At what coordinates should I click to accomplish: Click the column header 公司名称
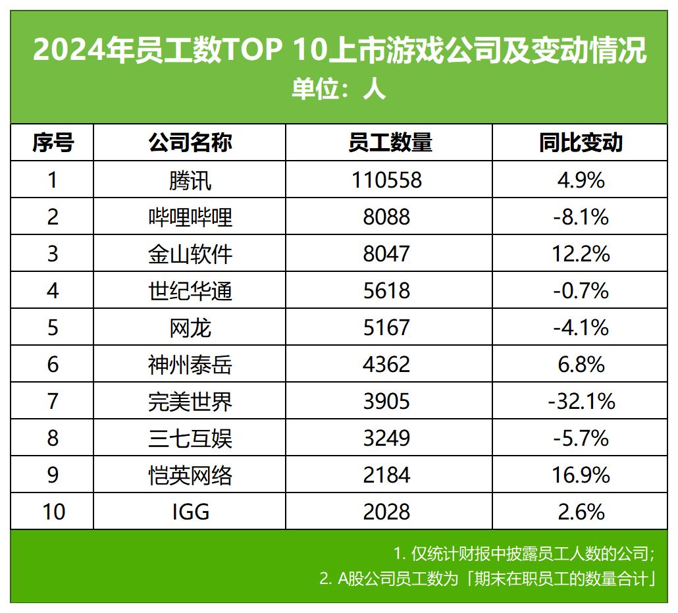(x=190, y=143)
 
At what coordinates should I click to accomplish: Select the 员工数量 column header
(x=390, y=143)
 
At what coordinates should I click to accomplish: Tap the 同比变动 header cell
(x=580, y=143)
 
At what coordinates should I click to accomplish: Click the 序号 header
(x=53, y=143)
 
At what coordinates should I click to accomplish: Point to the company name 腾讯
(x=190, y=180)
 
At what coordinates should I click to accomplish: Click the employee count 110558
(x=386, y=180)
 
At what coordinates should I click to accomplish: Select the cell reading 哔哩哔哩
(x=190, y=217)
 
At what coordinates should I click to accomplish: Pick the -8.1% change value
(x=580, y=217)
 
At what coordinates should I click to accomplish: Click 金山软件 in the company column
(x=190, y=253)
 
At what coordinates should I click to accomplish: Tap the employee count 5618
(x=386, y=290)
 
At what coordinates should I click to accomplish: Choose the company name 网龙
(x=190, y=327)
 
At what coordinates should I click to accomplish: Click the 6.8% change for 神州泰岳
(x=580, y=364)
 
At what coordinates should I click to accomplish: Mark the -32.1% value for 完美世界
(x=580, y=401)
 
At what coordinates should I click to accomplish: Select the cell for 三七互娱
(x=190, y=438)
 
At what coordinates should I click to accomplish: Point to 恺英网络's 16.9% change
(x=580, y=475)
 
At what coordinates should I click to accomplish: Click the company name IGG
(x=190, y=512)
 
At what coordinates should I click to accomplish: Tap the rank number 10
(x=53, y=512)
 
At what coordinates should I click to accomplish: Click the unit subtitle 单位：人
(x=338, y=89)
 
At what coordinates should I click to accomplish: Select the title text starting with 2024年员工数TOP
(x=338, y=51)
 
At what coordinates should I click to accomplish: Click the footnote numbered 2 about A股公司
(x=486, y=579)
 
